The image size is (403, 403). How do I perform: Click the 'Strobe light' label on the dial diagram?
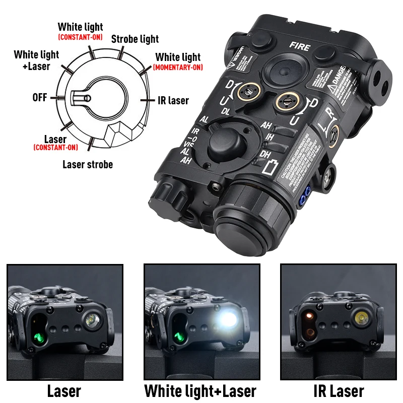coord(135,39)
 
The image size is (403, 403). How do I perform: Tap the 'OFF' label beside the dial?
coord(40,97)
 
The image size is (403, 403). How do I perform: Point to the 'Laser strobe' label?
coord(88,164)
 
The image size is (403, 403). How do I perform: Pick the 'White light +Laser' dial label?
coord(36,60)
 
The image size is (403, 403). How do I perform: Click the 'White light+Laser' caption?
coord(200,391)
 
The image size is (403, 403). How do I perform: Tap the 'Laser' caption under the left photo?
coord(64,391)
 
